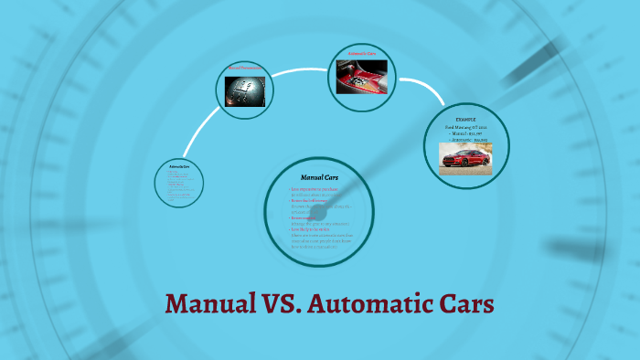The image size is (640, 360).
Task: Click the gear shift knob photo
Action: click(x=245, y=92)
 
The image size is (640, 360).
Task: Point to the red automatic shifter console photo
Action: click(x=361, y=80)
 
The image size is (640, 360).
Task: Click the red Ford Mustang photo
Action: click(x=466, y=157)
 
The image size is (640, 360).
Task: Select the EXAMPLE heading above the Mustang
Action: click(x=467, y=119)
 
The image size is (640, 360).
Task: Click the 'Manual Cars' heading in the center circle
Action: click(x=320, y=176)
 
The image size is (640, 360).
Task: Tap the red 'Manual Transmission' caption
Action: click(x=244, y=68)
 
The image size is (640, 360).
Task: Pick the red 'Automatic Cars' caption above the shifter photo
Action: click(x=361, y=54)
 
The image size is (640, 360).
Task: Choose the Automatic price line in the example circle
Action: click(x=466, y=139)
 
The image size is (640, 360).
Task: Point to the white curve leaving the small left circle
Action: click(x=194, y=137)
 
